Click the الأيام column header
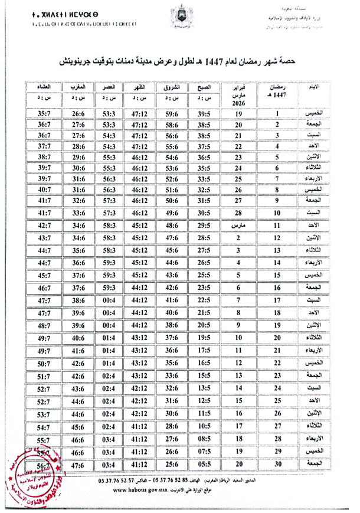click(316, 88)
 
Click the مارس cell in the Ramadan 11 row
click(238, 226)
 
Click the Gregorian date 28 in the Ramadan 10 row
click(238, 213)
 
